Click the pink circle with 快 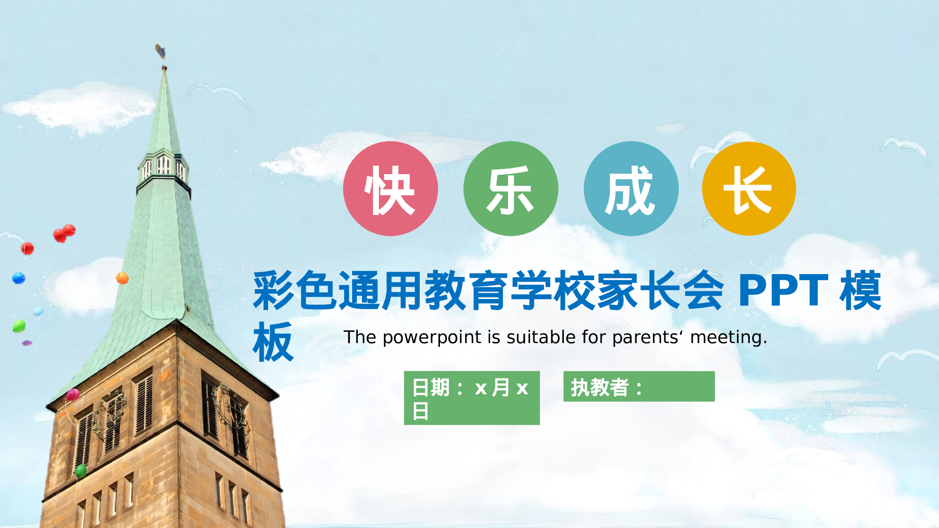390,189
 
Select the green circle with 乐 510,189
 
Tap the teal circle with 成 631,189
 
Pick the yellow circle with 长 749,189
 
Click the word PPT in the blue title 783,291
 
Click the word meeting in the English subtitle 728,337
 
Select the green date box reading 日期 471,398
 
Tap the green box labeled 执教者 639,387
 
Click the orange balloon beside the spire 122,278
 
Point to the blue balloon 19,278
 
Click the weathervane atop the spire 161,50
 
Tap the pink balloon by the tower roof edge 73,395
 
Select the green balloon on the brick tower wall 81,470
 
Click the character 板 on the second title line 273,342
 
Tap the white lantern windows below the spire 163,166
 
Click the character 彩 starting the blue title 274,291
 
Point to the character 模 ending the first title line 861,291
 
